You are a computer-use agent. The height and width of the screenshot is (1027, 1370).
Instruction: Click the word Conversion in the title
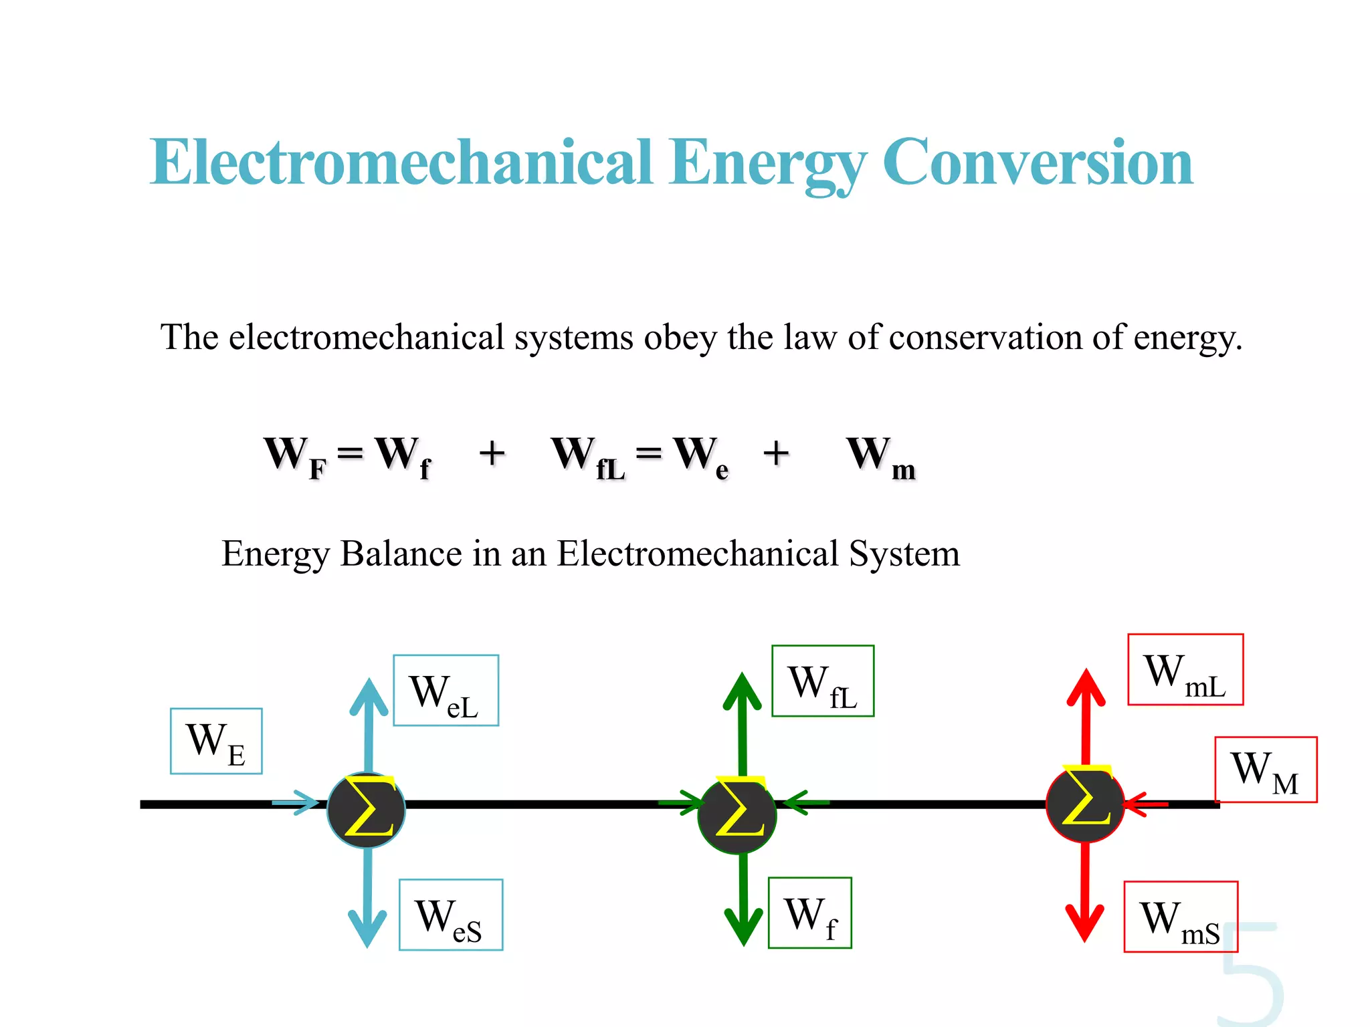click(x=1038, y=162)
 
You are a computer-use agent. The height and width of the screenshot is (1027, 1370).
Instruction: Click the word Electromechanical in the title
click(x=401, y=162)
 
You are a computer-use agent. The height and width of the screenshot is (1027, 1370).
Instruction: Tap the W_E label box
click(x=216, y=741)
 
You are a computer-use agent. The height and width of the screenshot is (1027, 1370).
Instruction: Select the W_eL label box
click(x=446, y=691)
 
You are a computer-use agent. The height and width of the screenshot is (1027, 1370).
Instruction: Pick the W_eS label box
click(x=451, y=915)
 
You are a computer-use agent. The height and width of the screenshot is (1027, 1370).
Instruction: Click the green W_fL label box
click(x=823, y=681)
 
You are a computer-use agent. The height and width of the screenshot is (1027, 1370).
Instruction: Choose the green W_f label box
click(x=810, y=913)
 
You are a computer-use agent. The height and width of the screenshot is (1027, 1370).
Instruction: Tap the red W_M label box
click(x=1266, y=770)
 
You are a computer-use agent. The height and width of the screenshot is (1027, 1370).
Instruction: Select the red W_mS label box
click(x=1181, y=917)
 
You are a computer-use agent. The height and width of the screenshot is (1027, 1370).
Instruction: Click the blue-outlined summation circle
click(x=367, y=810)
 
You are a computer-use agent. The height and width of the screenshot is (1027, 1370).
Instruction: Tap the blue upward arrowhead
click(x=369, y=695)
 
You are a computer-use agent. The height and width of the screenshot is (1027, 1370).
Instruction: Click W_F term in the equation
click(x=295, y=456)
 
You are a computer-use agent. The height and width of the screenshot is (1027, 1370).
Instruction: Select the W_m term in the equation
click(x=880, y=456)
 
